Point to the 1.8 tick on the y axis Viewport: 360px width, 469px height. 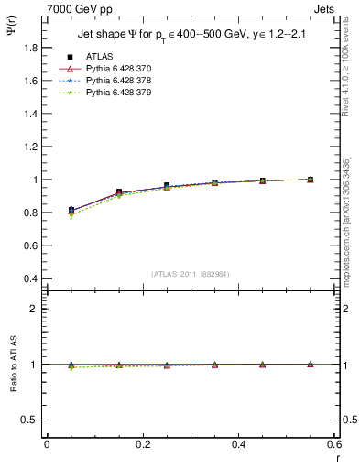coord(30,48)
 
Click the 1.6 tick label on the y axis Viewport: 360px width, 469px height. coord(30,81)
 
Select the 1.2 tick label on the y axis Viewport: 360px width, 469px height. coord(30,147)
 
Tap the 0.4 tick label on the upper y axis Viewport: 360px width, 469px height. coord(30,278)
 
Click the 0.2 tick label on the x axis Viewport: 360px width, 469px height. coord(143,444)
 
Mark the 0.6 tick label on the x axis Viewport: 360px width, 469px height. coord(334,444)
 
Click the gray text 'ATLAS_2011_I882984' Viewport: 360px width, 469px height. coord(190,274)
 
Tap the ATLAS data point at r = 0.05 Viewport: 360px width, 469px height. coord(71,210)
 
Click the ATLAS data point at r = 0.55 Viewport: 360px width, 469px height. coord(310,180)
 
